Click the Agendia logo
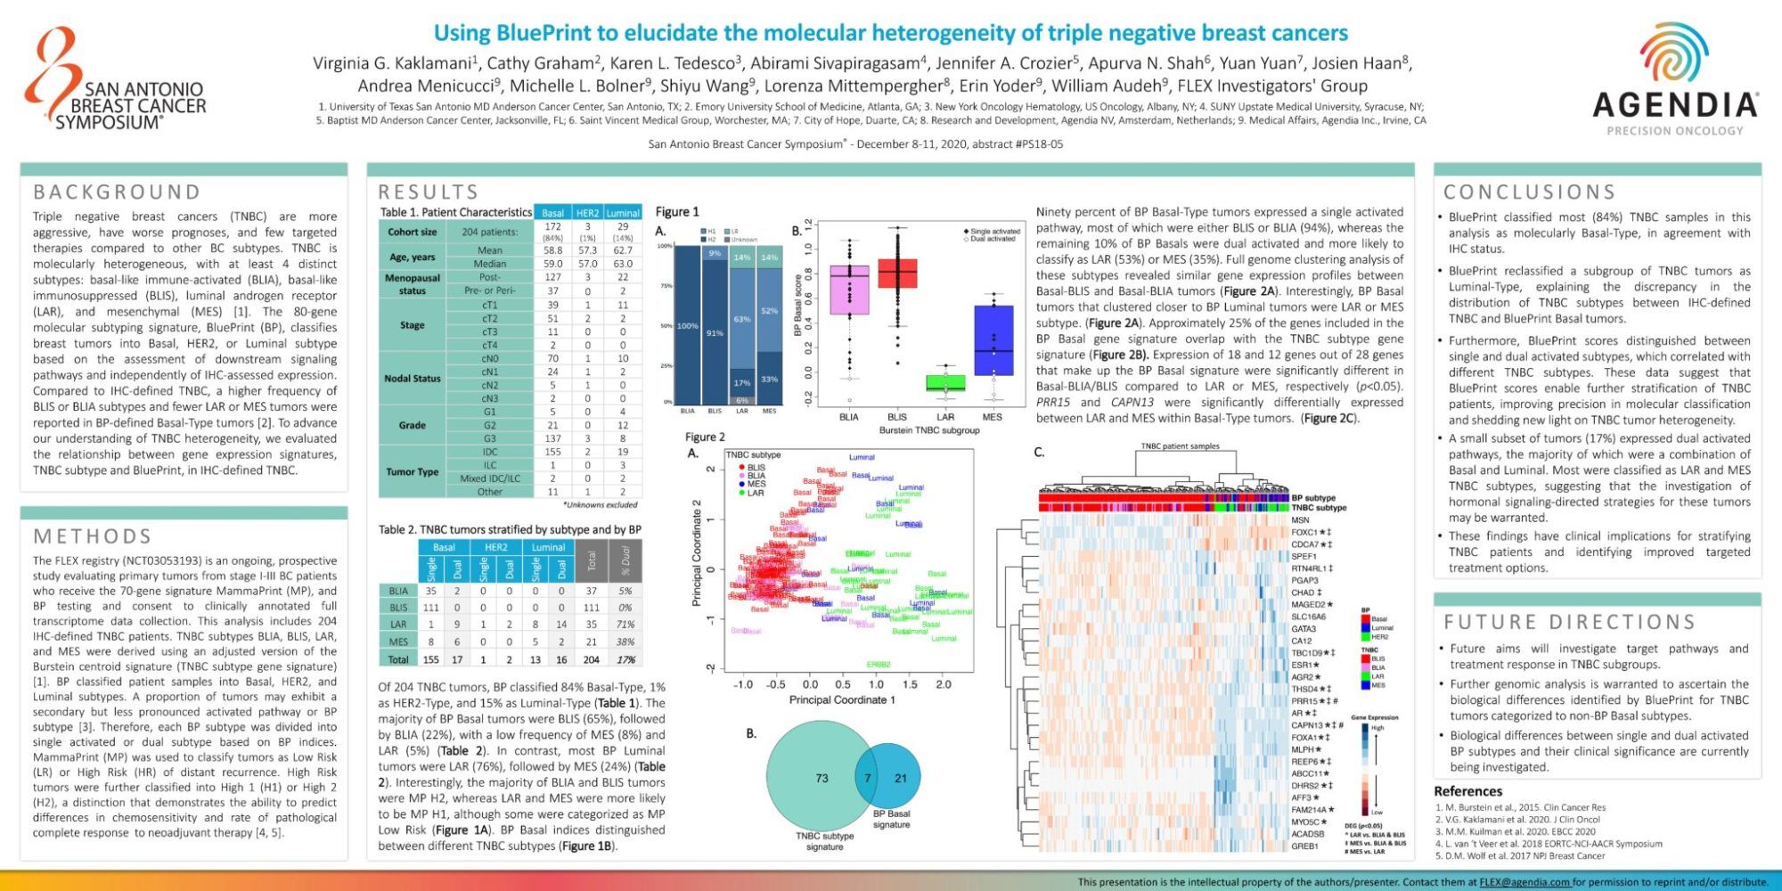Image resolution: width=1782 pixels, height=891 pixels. coord(1674,81)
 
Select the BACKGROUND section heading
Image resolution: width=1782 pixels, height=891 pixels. coord(117,192)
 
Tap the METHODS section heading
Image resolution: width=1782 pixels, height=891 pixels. coord(93,536)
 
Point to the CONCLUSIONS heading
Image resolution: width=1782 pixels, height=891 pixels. coord(1529,192)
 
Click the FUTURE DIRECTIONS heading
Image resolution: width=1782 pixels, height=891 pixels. coord(1569,622)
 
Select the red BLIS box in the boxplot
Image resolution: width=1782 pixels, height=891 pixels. coord(897,273)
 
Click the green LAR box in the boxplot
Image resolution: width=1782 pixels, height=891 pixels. coord(945,383)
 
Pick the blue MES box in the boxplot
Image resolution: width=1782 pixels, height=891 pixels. coord(993,339)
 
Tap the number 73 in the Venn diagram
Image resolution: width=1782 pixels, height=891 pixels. coord(822,778)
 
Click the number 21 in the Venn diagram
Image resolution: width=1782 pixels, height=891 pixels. coord(901,778)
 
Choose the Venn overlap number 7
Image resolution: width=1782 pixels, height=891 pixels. coord(867,778)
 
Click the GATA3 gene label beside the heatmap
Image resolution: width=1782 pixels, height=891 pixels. coord(1304,629)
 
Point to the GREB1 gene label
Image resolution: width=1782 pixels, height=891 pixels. coord(1304,846)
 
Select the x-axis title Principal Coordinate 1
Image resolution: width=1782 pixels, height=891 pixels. coord(842,700)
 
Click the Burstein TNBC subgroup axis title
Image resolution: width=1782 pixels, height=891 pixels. coord(929,430)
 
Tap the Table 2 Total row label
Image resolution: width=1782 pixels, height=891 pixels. coord(398,659)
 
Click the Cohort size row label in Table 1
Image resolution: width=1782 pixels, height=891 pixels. coord(412,232)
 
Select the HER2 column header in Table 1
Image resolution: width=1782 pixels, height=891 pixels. coord(588,213)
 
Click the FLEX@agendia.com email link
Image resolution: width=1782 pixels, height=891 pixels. coord(1525,882)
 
